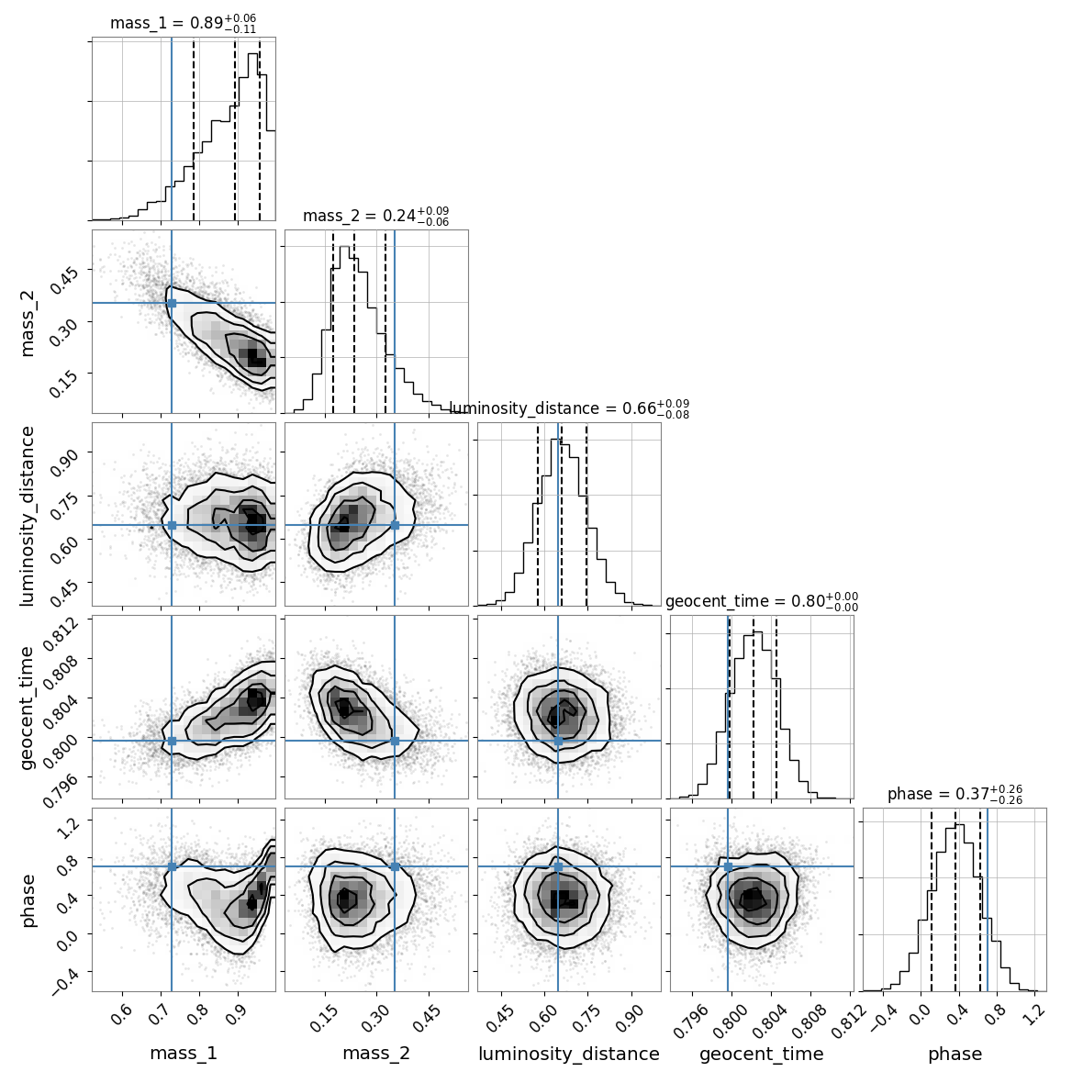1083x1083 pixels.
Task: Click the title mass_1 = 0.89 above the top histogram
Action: [184, 23]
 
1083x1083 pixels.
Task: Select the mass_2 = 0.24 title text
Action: [376, 216]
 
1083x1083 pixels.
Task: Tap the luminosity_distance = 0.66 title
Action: [569, 408]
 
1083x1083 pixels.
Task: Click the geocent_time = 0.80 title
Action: [762, 601]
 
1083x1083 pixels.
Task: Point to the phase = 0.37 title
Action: [955, 794]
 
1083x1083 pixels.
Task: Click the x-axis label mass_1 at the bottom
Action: [184, 1054]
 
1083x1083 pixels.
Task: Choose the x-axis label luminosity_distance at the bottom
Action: [569, 1054]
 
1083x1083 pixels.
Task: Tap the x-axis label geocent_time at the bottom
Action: [762, 1054]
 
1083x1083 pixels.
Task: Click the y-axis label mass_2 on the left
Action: [27, 322]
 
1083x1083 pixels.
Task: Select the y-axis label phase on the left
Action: [27, 900]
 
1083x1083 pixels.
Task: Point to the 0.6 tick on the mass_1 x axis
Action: [122, 1015]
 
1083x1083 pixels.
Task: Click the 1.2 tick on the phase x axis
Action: [1034, 1015]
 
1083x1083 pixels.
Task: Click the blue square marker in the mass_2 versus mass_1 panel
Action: [172, 303]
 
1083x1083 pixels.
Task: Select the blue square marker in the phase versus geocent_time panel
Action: [728, 866]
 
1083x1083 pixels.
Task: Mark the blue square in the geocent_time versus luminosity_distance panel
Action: [558, 741]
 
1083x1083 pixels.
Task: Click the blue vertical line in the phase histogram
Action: [988, 900]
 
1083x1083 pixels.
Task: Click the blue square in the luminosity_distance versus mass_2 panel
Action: [395, 525]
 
